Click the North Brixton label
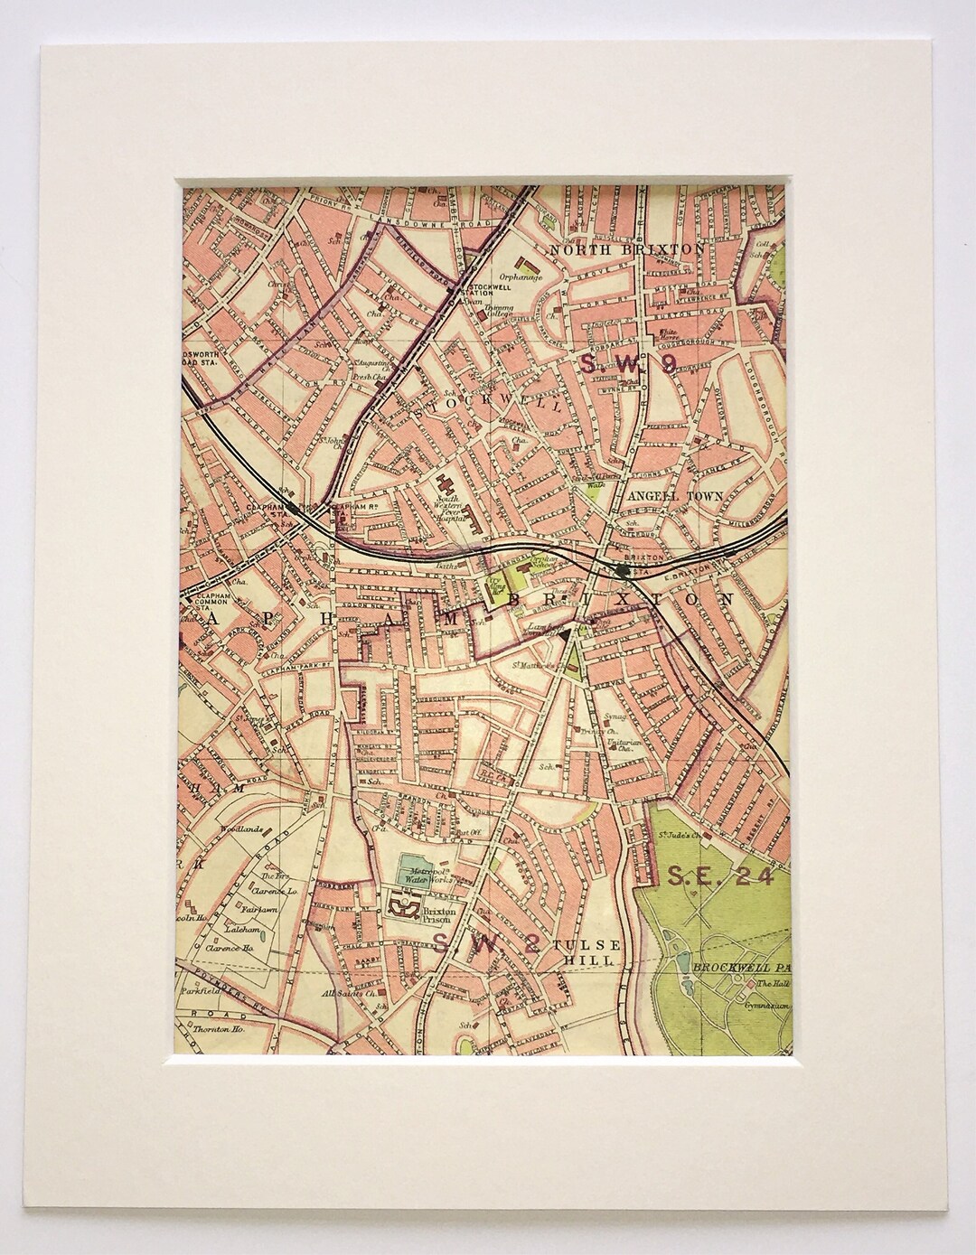[626, 248]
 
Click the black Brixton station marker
[623, 570]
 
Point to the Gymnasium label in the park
[768, 1004]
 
